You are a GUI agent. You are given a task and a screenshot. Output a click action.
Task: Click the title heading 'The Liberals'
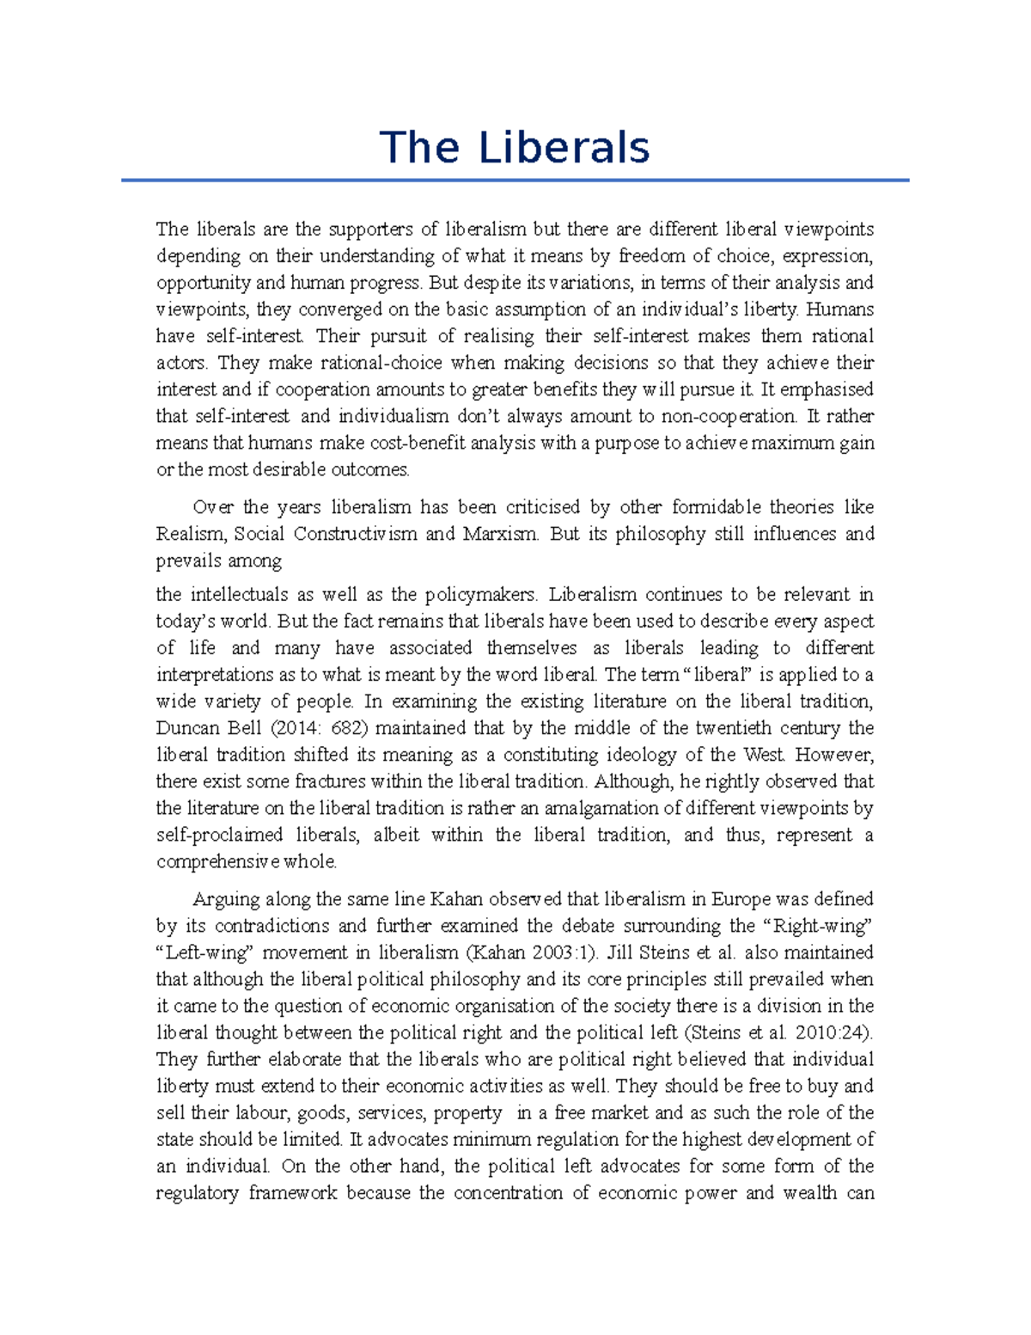point(515,147)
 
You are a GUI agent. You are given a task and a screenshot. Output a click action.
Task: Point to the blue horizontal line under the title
point(515,181)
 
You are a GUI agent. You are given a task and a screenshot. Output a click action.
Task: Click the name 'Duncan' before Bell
point(185,728)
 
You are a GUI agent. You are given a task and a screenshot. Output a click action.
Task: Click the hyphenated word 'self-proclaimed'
point(219,835)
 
